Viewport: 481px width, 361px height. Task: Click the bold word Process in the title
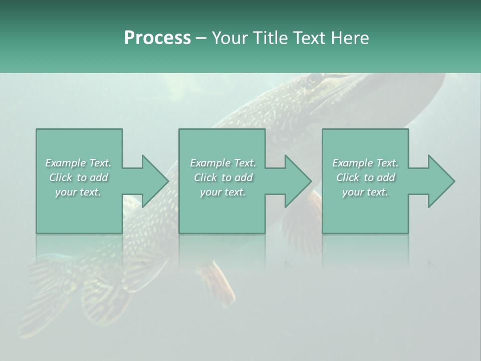[157, 38]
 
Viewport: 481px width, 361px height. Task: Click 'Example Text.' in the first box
[78, 163]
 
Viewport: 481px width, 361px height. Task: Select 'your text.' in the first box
[78, 192]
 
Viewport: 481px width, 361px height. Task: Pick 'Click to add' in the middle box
[222, 177]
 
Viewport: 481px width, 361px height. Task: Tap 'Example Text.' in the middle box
[222, 163]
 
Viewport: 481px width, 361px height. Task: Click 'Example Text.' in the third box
[365, 163]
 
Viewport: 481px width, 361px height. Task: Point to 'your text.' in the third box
[365, 192]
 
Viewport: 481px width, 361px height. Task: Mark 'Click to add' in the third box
[365, 177]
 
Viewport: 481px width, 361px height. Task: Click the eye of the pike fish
[314, 79]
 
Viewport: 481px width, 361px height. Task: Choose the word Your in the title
[230, 38]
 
